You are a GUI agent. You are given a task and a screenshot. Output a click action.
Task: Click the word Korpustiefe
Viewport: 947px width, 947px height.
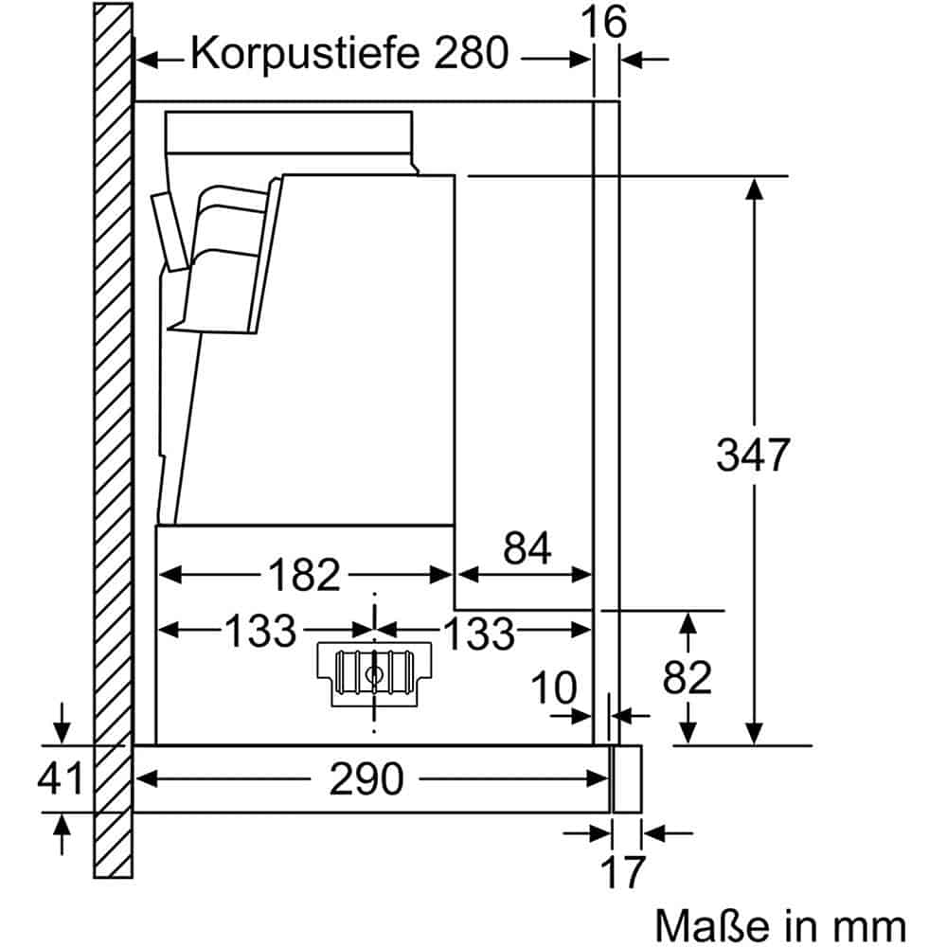(306, 54)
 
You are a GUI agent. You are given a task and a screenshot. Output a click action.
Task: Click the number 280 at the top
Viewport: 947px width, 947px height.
(471, 54)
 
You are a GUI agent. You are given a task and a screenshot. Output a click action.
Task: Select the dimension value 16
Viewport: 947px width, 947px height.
(605, 22)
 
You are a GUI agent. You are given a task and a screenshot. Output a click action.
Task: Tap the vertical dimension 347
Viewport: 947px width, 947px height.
(752, 456)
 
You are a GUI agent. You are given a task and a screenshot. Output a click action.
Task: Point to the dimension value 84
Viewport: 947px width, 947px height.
(527, 548)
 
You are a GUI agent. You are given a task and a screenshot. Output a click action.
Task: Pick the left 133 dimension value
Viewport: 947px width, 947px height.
(259, 631)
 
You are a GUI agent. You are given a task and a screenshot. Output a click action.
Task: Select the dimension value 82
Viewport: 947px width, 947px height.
(687, 677)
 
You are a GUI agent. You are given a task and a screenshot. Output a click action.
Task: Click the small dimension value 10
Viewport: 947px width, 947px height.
(554, 688)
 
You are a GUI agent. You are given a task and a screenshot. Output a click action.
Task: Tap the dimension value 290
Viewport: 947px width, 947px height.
(366, 778)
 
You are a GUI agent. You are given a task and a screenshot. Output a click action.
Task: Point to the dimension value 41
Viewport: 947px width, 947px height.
(61, 778)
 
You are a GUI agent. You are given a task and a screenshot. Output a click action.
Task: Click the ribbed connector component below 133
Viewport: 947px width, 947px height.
(375, 673)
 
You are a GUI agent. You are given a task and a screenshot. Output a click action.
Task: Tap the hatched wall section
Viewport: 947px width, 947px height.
(113, 426)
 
